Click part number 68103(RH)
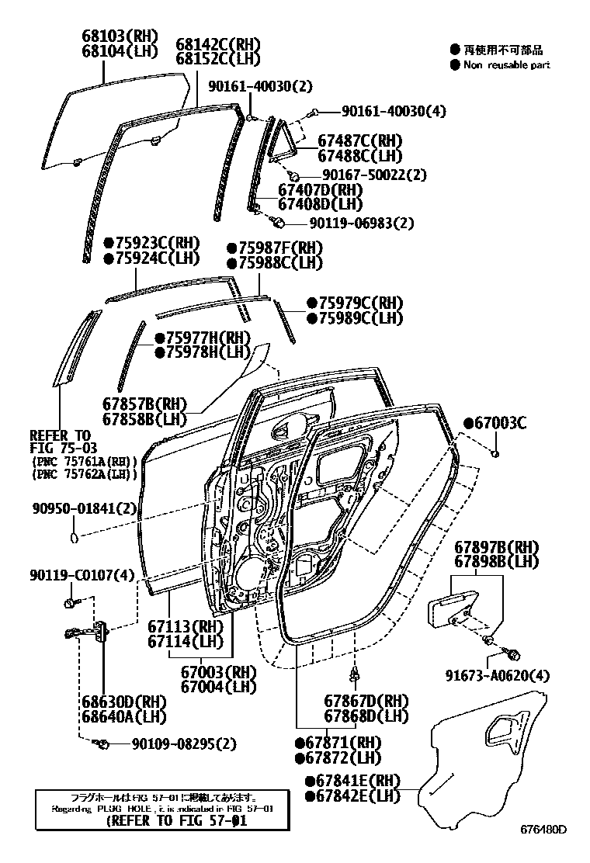(120, 36)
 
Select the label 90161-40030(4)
(383, 112)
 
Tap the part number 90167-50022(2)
(374, 175)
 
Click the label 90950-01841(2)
(85, 508)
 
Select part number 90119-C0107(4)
(84, 575)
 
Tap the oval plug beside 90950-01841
(74, 535)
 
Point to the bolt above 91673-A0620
(512, 653)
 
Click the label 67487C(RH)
(356, 140)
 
